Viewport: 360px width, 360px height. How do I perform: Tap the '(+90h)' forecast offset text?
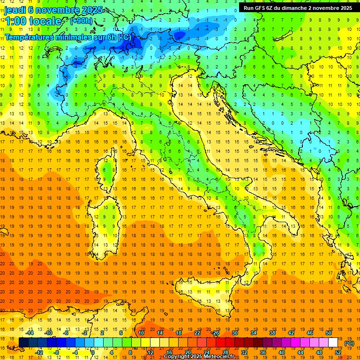click(x=81, y=21)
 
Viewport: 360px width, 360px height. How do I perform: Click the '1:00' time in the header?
click(x=15, y=21)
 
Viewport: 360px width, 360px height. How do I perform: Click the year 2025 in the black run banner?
click(x=344, y=8)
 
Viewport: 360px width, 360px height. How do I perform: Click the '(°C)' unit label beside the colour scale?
click(x=349, y=343)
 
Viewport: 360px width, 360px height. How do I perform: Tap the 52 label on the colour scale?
click(x=338, y=352)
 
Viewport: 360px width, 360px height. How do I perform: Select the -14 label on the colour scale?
click(x=30, y=333)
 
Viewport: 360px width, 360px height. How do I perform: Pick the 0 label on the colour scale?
click(x=92, y=352)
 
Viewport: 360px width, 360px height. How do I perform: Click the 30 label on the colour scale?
click(x=235, y=333)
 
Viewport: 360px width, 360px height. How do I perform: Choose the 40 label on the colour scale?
click(x=282, y=352)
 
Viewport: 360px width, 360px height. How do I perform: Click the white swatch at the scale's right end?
click(x=333, y=343)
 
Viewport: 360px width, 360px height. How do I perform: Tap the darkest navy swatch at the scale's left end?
click(x=23, y=343)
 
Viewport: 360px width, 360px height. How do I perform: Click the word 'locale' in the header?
click(x=45, y=21)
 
